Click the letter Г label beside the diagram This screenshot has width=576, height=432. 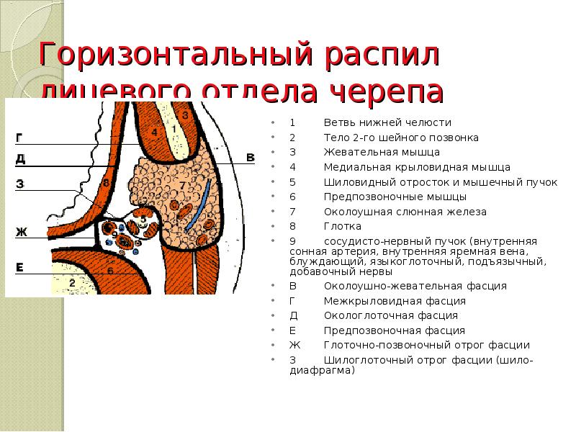click(19, 137)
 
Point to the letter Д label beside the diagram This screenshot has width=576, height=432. click(20, 158)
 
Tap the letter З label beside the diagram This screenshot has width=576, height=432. click(20, 185)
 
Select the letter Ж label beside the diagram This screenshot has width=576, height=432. click(21, 232)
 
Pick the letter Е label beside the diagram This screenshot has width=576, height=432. click(20, 268)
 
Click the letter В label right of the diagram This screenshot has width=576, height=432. click(251, 158)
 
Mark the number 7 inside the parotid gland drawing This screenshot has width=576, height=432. click(182, 185)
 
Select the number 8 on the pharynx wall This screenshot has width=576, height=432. click(106, 184)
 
